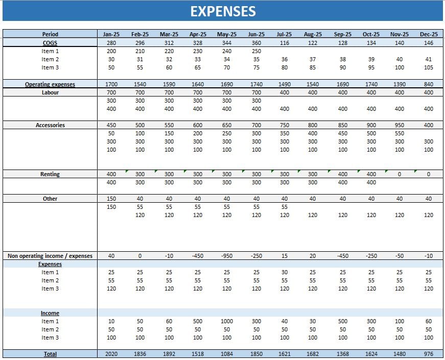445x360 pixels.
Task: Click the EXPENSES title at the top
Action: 223,11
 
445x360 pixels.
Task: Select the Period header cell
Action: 50,34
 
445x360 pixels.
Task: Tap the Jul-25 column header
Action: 285,34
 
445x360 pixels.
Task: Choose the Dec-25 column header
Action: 428,34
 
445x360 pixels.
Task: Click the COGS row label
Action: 50,43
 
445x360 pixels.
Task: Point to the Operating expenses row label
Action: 50,84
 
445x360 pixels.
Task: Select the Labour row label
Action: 50,92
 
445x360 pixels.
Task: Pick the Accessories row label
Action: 50,125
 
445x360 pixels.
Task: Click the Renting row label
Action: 50,174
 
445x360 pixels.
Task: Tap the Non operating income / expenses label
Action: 50,256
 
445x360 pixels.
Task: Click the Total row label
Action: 50,354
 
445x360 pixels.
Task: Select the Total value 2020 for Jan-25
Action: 111,354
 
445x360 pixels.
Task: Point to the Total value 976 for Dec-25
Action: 428,354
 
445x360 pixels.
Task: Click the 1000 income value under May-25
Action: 227,321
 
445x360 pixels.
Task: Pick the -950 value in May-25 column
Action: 227,256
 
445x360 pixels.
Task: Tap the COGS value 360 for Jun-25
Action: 256,43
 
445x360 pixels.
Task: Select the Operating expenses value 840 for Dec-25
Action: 428,84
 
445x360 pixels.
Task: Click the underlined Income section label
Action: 50,313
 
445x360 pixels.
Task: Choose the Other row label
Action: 50,199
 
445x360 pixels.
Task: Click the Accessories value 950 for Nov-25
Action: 400,125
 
